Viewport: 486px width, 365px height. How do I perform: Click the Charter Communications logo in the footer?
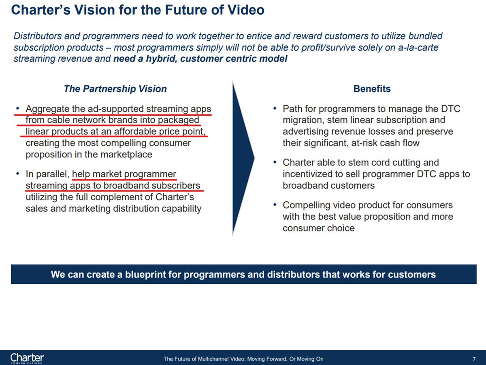27,359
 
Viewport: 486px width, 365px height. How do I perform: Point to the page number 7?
474,359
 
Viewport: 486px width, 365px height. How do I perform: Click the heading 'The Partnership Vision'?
115,89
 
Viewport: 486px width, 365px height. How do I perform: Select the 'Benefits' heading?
372,89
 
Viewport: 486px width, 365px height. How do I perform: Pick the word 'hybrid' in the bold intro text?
156,59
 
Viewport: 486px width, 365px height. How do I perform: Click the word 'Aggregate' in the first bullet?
45,109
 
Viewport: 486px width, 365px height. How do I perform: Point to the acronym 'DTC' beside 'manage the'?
450,109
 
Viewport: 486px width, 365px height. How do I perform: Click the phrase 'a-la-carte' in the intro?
418,47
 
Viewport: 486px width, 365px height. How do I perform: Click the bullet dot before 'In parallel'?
17,174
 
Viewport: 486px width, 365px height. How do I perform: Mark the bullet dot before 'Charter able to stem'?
275,163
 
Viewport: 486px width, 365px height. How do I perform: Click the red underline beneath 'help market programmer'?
124,179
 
